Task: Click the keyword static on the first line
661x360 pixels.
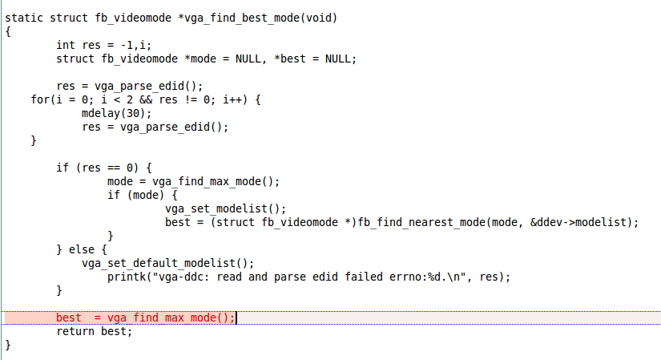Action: pyautogui.click(x=24, y=18)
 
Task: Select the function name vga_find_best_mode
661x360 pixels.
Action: pyautogui.click(x=242, y=18)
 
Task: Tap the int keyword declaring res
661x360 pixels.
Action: pyautogui.click(x=66, y=45)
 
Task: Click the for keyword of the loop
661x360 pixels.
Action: pyautogui.click(x=40, y=99)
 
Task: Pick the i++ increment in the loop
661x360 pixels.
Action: pyautogui.click(x=232, y=99)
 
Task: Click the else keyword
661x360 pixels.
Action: pyautogui.click(x=82, y=249)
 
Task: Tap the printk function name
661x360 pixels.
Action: pyautogui.click(x=127, y=277)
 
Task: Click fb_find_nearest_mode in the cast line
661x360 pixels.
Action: pyautogui.click(x=421, y=222)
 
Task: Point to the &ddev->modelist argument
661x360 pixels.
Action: pyautogui.click(x=581, y=222)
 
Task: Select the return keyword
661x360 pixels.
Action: pyautogui.click(x=75, y=331)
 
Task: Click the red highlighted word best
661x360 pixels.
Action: pyautogui.click(x=69, y=318)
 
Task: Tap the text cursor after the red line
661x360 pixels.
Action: pyautogui.click(x=236, y=318)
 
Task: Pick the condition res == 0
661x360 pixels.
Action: pyautogui.click(x=107, y=168)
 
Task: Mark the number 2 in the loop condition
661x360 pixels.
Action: pyautogui.click(x=130, y=99)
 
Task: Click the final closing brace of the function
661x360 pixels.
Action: pyautogui.click(x=8, y=346)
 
